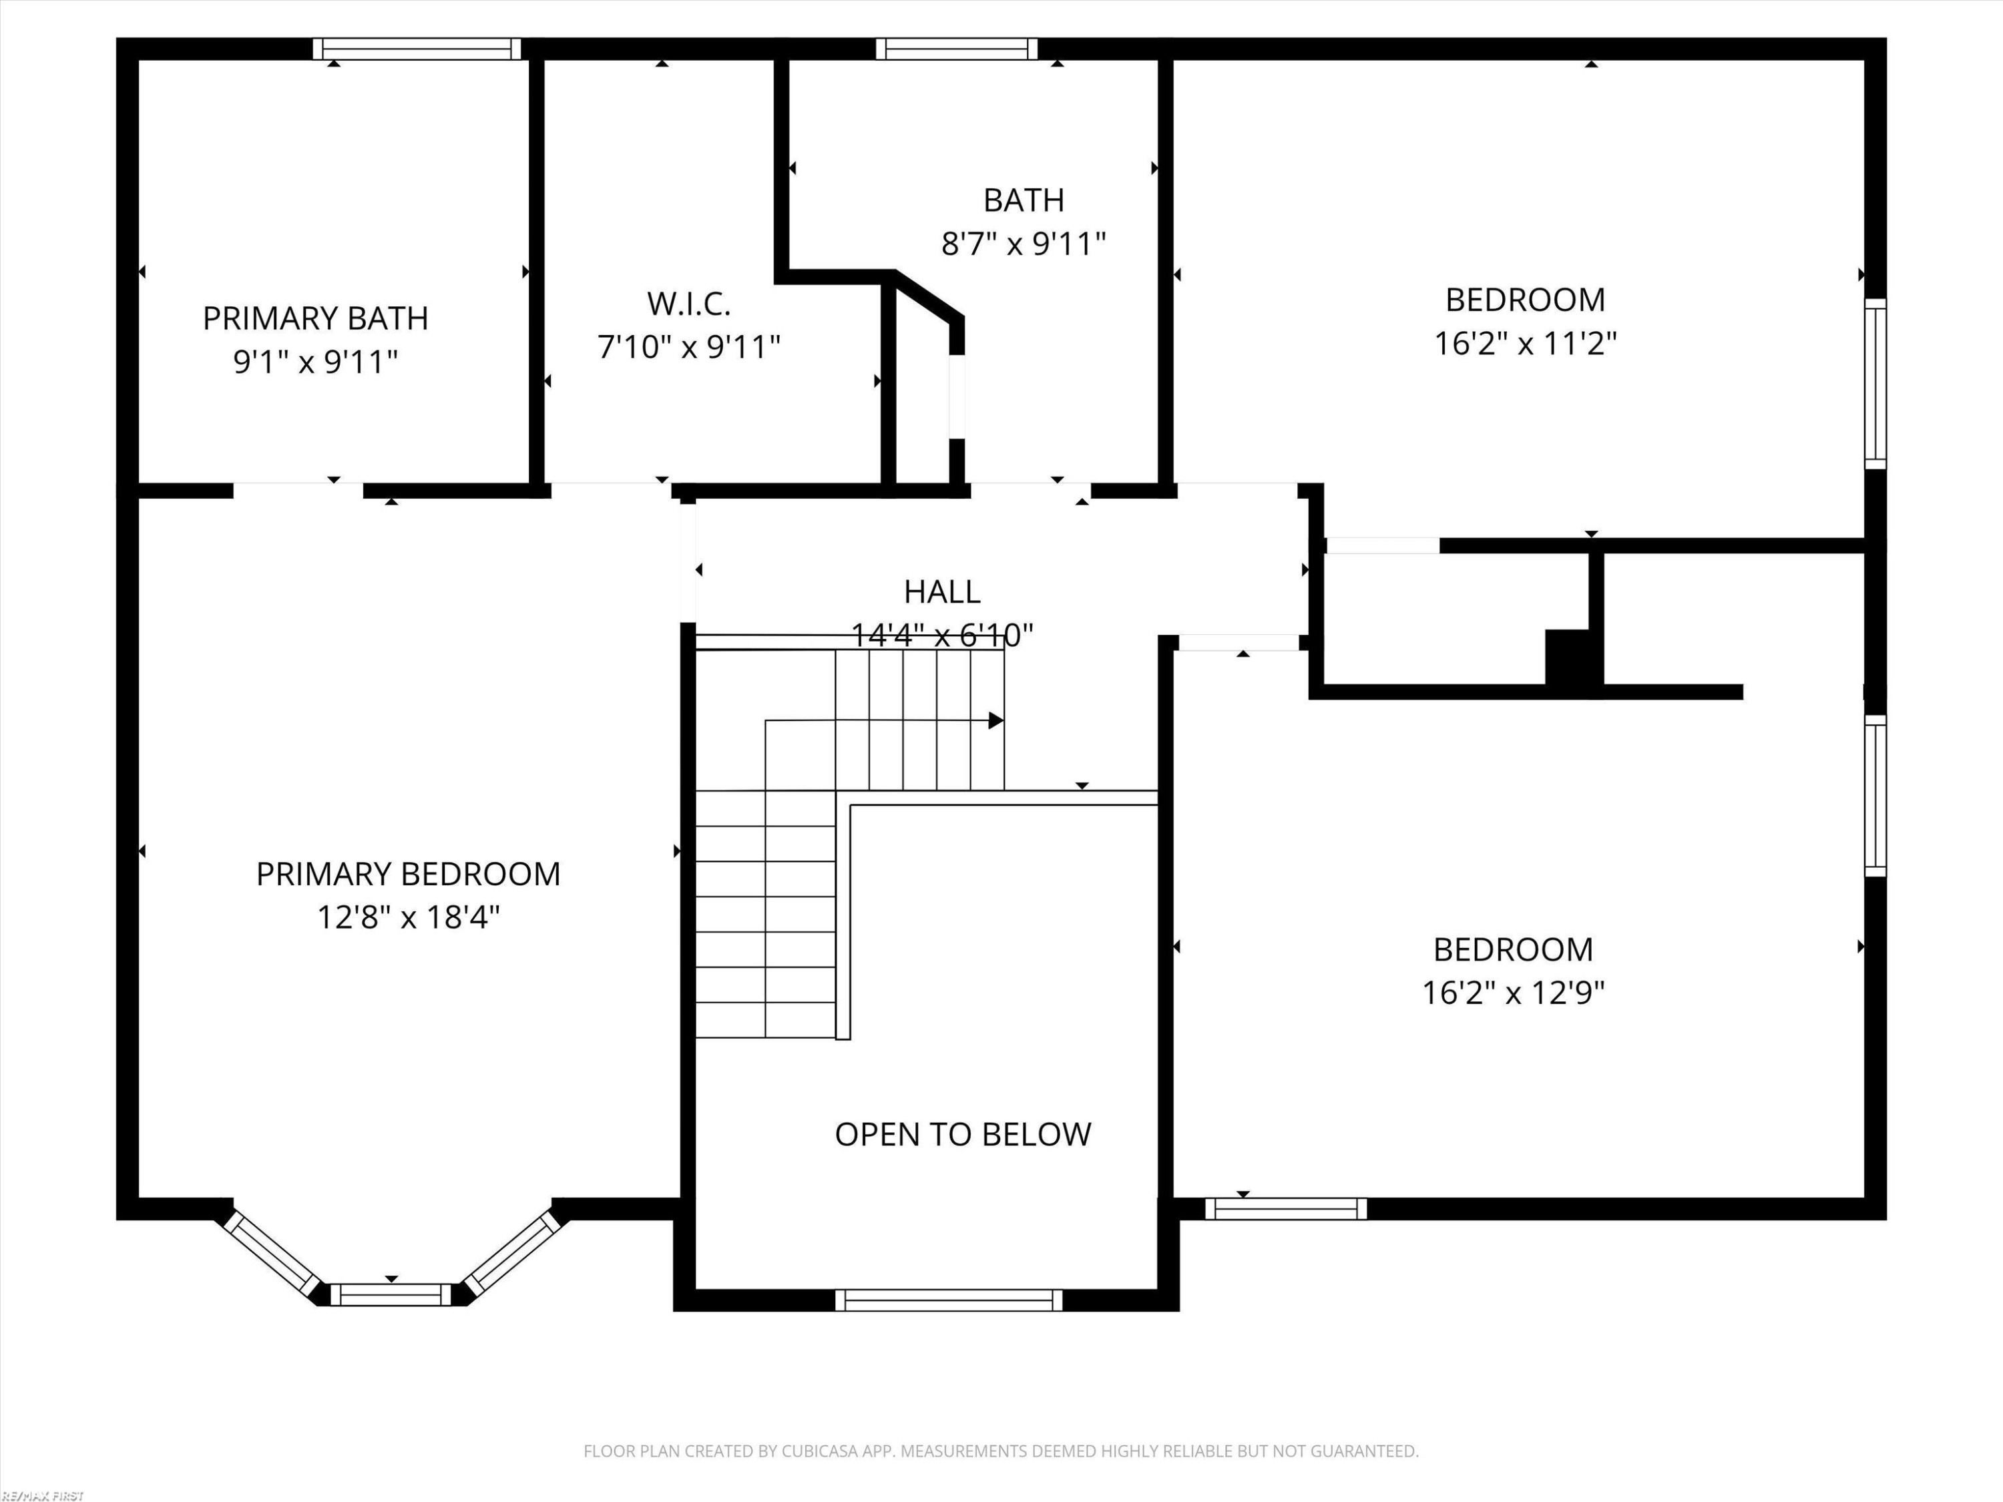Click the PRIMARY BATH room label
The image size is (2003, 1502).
point(315,318)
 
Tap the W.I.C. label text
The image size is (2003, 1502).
point(688,304)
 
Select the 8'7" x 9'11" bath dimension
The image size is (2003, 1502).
point(1024,244)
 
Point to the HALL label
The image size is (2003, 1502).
point(941,591)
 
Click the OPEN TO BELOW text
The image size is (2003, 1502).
point(963,1134)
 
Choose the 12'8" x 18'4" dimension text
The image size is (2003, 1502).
point(409,917)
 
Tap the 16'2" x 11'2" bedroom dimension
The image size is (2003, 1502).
point(1525,343)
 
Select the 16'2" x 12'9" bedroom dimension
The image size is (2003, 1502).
point(1512,992)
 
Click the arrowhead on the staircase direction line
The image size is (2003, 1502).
point(996,721)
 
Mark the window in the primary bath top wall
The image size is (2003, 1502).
point(417,49)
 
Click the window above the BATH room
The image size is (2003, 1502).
point(957,49)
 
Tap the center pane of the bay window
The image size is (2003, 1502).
point(391,1294)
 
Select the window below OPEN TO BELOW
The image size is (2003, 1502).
point(948,1300)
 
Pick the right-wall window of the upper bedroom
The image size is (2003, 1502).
point(1875,384)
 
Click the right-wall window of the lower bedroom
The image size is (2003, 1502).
point(1875,796)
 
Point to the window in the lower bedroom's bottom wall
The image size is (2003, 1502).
point(1286,1209)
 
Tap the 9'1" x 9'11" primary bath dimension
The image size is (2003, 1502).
point(315,361)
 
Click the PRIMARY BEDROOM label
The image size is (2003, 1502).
point(409,874)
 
